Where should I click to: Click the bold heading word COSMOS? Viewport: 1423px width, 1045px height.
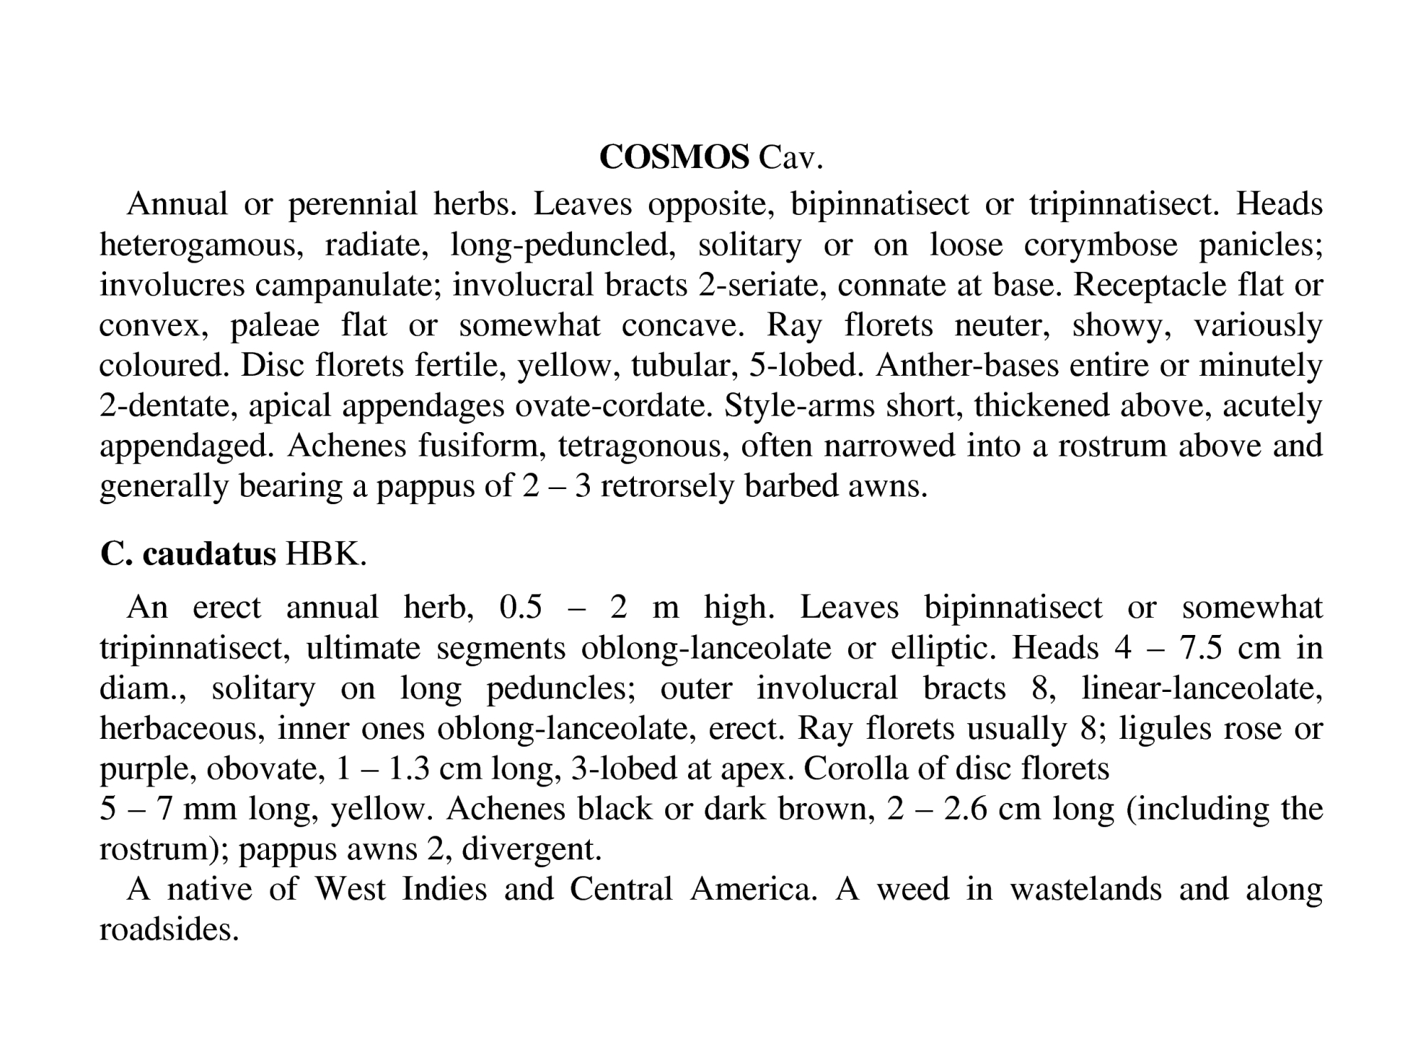(x=674, y=157)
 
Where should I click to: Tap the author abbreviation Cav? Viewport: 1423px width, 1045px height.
(x=790, y=157)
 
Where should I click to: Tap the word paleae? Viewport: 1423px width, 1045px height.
(x=275, y=326)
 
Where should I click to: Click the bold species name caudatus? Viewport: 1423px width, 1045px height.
(x=208, y=554)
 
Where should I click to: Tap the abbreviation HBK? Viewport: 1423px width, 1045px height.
(x=326, y=554)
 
